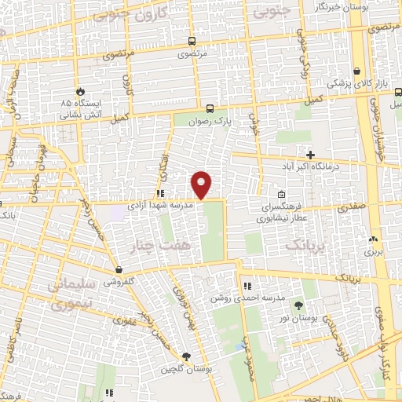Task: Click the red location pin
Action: (202, 185)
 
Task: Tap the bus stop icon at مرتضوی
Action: (192, 41)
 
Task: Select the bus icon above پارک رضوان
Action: (209, 109)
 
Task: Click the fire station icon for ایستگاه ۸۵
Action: (79, 90)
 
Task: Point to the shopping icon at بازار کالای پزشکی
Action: (357, 70)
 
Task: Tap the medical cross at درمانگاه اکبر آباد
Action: (311, 154)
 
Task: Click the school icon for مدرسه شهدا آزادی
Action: (159, 192)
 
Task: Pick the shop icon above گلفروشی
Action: (118, 269)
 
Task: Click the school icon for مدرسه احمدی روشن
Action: (247, 286)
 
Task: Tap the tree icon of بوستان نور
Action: (298, 305)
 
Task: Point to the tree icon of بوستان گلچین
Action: (186, 356)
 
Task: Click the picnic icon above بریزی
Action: (373, 240)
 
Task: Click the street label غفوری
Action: (124, 320)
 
